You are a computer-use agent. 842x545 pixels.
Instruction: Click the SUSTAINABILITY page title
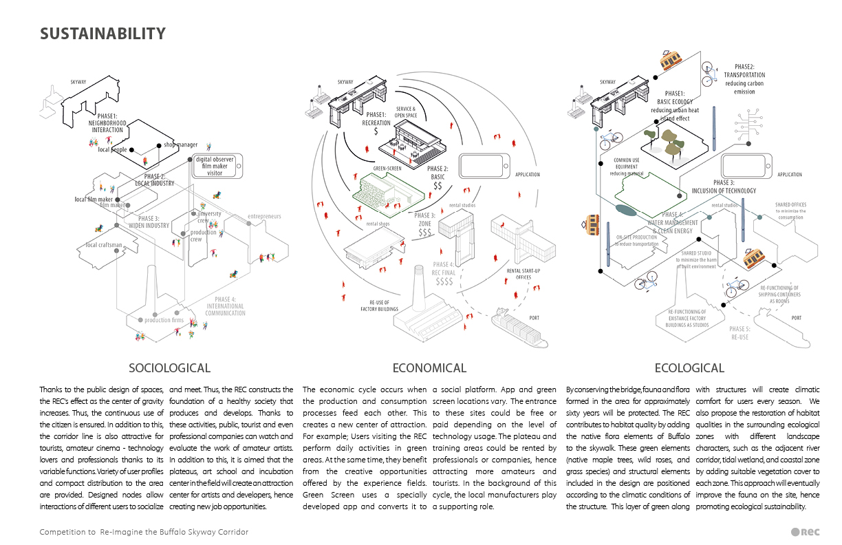point(102,34)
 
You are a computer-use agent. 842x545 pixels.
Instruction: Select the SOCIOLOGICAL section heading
point(169,368)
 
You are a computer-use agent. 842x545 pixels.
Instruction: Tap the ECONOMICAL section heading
point(429,368)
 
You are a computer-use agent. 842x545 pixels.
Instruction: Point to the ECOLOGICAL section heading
point(689,368)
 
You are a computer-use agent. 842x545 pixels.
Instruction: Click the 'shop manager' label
point(180,145)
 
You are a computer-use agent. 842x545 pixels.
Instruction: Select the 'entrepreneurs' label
point(264,217)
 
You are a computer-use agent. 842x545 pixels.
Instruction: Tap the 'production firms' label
point(164,320)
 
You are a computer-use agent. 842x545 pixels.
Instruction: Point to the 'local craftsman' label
point(104,245)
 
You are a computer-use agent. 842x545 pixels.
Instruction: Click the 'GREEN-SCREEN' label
point(387,168)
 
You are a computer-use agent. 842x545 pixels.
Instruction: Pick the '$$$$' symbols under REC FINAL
point(444,281)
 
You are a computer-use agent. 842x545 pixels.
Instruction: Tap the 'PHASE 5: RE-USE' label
point(741,333)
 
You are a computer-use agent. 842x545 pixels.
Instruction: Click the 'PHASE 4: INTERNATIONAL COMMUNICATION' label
point(224,306)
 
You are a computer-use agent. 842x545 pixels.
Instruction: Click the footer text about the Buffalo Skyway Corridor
point(144,533)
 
